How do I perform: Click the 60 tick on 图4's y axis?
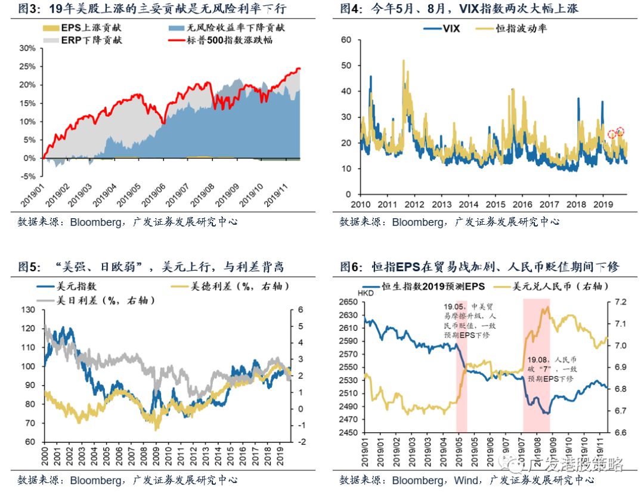click(x=346, y=39)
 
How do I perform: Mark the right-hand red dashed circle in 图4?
click(x=620, y=132)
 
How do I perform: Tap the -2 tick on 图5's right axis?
click(x=302, y=442)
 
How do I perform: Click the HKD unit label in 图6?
click(x=364, y=293)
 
